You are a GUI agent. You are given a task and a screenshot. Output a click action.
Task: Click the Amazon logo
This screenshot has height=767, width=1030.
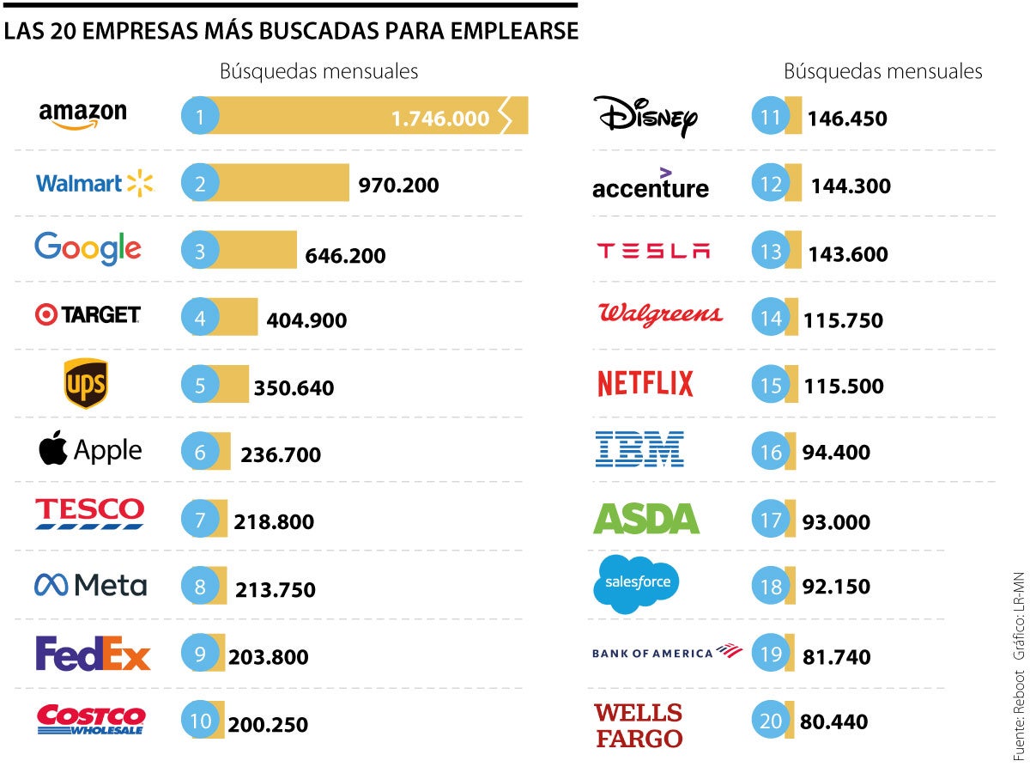coord(82,115)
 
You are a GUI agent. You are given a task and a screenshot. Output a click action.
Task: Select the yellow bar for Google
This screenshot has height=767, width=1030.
coord(257,250)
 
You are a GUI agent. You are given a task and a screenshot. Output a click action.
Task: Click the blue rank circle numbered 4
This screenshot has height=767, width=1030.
coord(200,319)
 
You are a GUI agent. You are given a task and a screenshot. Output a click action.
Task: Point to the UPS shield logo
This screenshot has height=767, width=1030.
coord(86,383)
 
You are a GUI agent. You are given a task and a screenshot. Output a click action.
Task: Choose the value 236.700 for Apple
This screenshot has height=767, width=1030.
coord(281,454)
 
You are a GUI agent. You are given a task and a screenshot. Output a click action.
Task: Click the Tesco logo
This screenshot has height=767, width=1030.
coord(89,512)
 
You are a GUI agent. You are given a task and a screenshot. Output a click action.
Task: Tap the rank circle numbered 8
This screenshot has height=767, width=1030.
coord(200,587)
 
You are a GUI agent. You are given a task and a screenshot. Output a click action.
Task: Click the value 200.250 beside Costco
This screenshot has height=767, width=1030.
coord(268,724)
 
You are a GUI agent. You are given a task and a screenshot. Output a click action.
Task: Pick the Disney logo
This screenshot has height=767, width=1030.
coord(645,116)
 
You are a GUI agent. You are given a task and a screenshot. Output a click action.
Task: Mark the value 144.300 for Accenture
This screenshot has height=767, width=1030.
coord(851,186)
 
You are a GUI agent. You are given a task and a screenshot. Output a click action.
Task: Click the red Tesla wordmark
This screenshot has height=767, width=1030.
coord(653,251)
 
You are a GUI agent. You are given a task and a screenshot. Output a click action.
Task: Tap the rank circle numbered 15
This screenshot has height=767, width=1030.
coord(770,385)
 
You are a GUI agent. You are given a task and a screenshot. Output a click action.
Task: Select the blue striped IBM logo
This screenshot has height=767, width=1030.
coord(639,449)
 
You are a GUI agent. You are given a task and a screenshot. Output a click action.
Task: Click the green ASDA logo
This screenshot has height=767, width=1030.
coord(646,518)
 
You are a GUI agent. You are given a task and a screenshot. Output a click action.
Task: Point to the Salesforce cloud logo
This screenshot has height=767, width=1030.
coord(636,583)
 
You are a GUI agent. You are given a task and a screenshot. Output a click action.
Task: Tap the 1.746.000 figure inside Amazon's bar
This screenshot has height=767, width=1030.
coord(440,119)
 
